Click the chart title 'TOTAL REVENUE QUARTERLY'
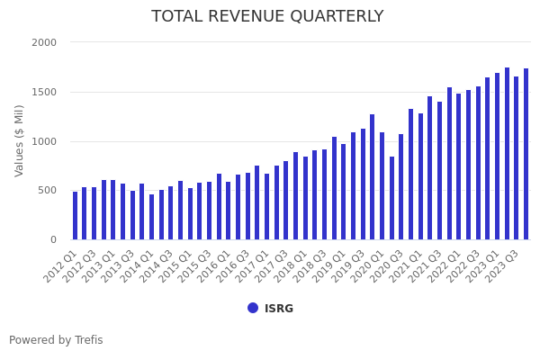[x=267, y=16]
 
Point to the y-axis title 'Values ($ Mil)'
[x=19, y=140]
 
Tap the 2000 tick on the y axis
[x=44, y=42]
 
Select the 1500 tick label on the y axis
[x=44, y=92]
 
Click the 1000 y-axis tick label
[x=44, y=141]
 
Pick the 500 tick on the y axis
[x=48, y=190]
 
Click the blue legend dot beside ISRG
[x=253, y=308]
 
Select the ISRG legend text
[x=279, y=309]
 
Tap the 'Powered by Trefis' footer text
[x=56, y=340]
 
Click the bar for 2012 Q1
[x=76, y=216]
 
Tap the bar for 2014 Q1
[x=152, y=217]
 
